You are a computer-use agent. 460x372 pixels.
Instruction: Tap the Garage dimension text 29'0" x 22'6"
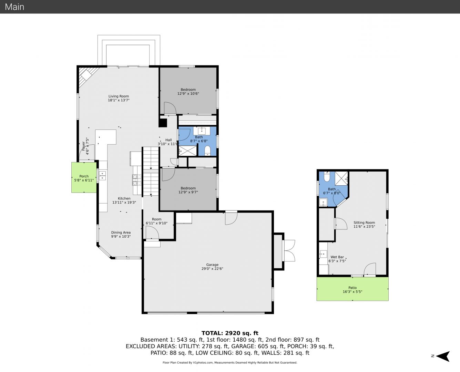click(212, 269)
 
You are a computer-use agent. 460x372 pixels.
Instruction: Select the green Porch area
click(84, 177)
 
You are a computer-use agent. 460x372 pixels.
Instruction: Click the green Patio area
click(352, 289)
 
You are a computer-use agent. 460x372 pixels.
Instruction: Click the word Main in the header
click(14, 7)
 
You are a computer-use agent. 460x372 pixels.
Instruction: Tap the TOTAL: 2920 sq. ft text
click(230, 333)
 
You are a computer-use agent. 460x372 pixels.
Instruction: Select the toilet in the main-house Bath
click(207, 151)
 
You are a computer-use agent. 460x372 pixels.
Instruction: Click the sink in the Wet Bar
click(323, 254)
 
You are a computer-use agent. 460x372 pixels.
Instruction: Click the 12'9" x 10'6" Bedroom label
click(188, 92)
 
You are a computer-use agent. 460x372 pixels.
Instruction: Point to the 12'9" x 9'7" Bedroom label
click(188, 190)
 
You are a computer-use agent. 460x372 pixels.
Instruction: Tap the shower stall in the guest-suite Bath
click(341, 178)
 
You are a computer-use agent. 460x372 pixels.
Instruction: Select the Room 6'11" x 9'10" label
click(156, 221)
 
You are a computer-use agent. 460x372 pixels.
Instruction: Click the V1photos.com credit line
click(230, 362)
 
